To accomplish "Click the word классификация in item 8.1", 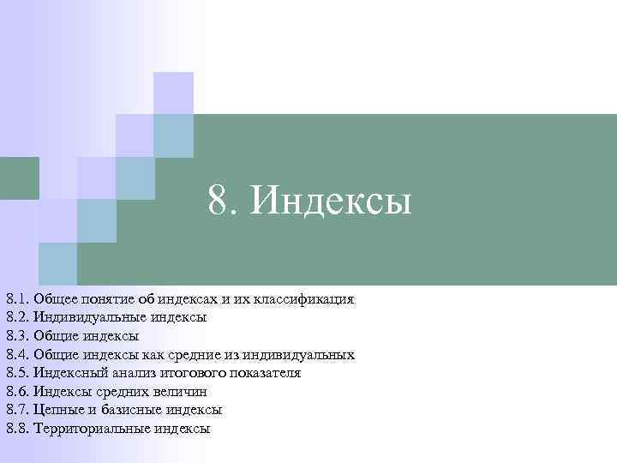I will pos(304,299).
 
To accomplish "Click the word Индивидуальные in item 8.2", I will pos(89,317).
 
